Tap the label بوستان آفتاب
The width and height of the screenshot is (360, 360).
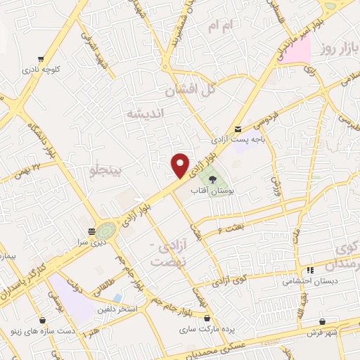[x=216, y=191]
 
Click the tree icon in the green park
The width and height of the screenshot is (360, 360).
[x=213, y=179]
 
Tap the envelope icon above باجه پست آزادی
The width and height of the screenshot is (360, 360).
[x=239, y=129]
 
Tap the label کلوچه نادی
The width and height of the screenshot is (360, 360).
[x=41, y=70]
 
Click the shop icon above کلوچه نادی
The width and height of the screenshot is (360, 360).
[x=41, y=59]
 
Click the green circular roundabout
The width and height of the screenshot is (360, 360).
[x=107, y=230]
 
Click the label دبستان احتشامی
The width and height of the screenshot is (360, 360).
[x=308, y=281]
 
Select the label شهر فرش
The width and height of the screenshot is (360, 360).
[x=322, y=331]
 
